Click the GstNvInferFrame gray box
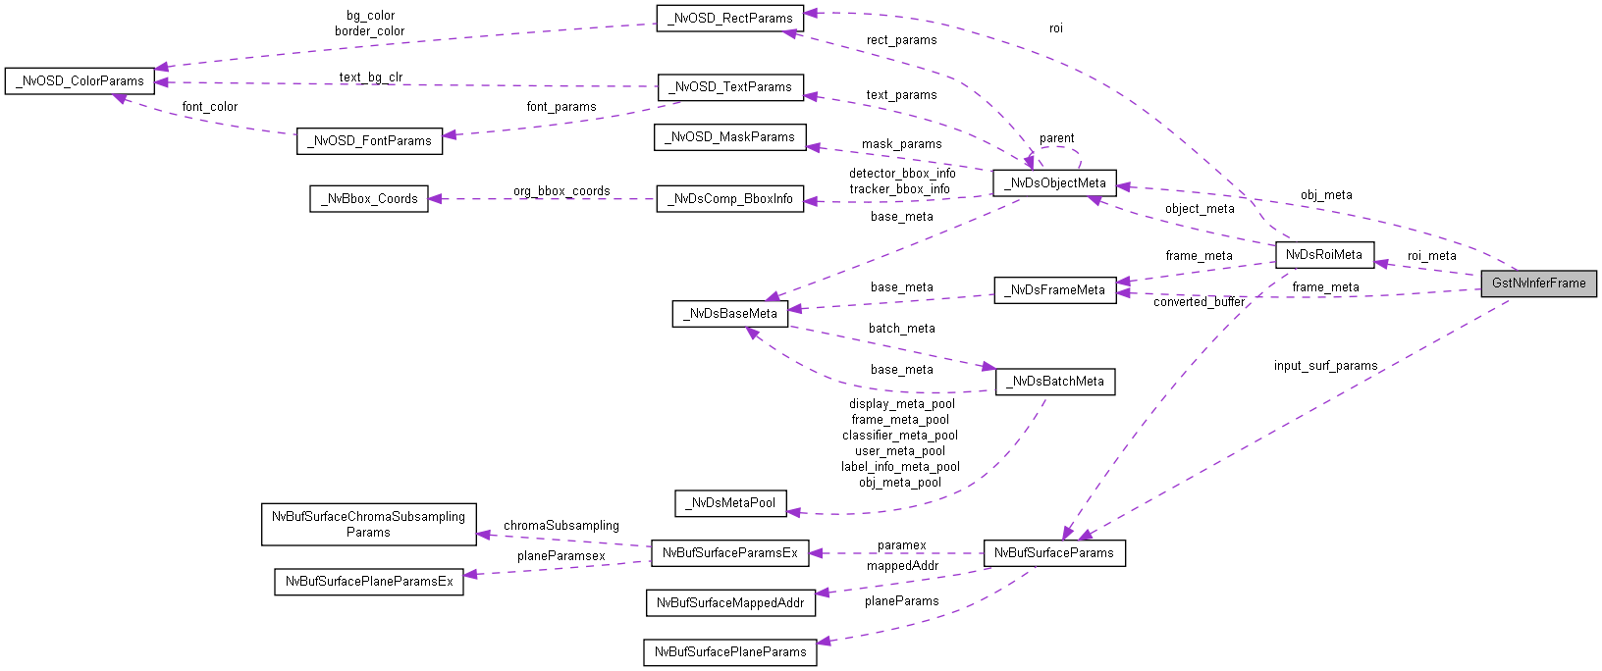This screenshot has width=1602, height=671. coord(1538,284)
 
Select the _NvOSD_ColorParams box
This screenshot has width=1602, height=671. coord(80,81)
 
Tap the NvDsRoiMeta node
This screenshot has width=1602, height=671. coord(1323,255)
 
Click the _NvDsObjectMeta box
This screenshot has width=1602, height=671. coord(1054,183)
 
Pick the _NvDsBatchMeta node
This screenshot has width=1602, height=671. coord(1054,382)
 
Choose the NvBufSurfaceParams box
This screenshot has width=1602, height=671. coord(1053,553)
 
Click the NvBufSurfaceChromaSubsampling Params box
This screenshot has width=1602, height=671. coord(368,525)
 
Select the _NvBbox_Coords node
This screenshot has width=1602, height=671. coord(369,199)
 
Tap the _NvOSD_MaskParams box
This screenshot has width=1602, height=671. coord(729,137)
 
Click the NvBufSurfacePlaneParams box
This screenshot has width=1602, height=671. coord(729,652)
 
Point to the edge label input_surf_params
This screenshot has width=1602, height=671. coord(1325,366)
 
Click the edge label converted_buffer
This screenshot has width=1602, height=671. coord(1199,302)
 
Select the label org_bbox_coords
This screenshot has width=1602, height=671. coord(561,191)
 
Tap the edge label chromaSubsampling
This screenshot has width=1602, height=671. coord(561,526)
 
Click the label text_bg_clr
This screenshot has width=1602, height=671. coord(371,77)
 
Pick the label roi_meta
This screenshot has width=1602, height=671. coord(1431,256)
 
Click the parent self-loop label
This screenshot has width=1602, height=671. coord(1056,138)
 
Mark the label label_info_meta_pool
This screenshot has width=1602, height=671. coord(900,467)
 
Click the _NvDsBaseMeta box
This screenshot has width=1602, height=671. coord(730,314)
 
